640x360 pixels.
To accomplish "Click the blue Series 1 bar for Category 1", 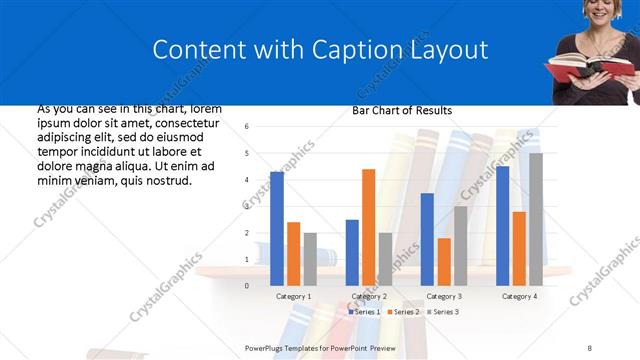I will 277,229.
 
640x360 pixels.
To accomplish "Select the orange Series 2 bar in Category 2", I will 368,227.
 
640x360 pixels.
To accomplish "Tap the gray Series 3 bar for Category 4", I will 536,219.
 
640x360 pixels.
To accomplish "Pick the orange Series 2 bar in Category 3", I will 443,261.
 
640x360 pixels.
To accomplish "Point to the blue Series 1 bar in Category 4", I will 502,226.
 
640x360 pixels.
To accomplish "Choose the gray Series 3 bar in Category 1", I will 310,259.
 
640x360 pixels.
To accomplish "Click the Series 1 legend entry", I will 364,312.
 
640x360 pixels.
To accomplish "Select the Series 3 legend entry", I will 444,312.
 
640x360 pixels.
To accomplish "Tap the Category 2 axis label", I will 368,296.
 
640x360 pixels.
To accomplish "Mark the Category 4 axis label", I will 518,296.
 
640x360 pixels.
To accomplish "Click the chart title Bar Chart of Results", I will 402,110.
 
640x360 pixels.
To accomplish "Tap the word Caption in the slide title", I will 341,50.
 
